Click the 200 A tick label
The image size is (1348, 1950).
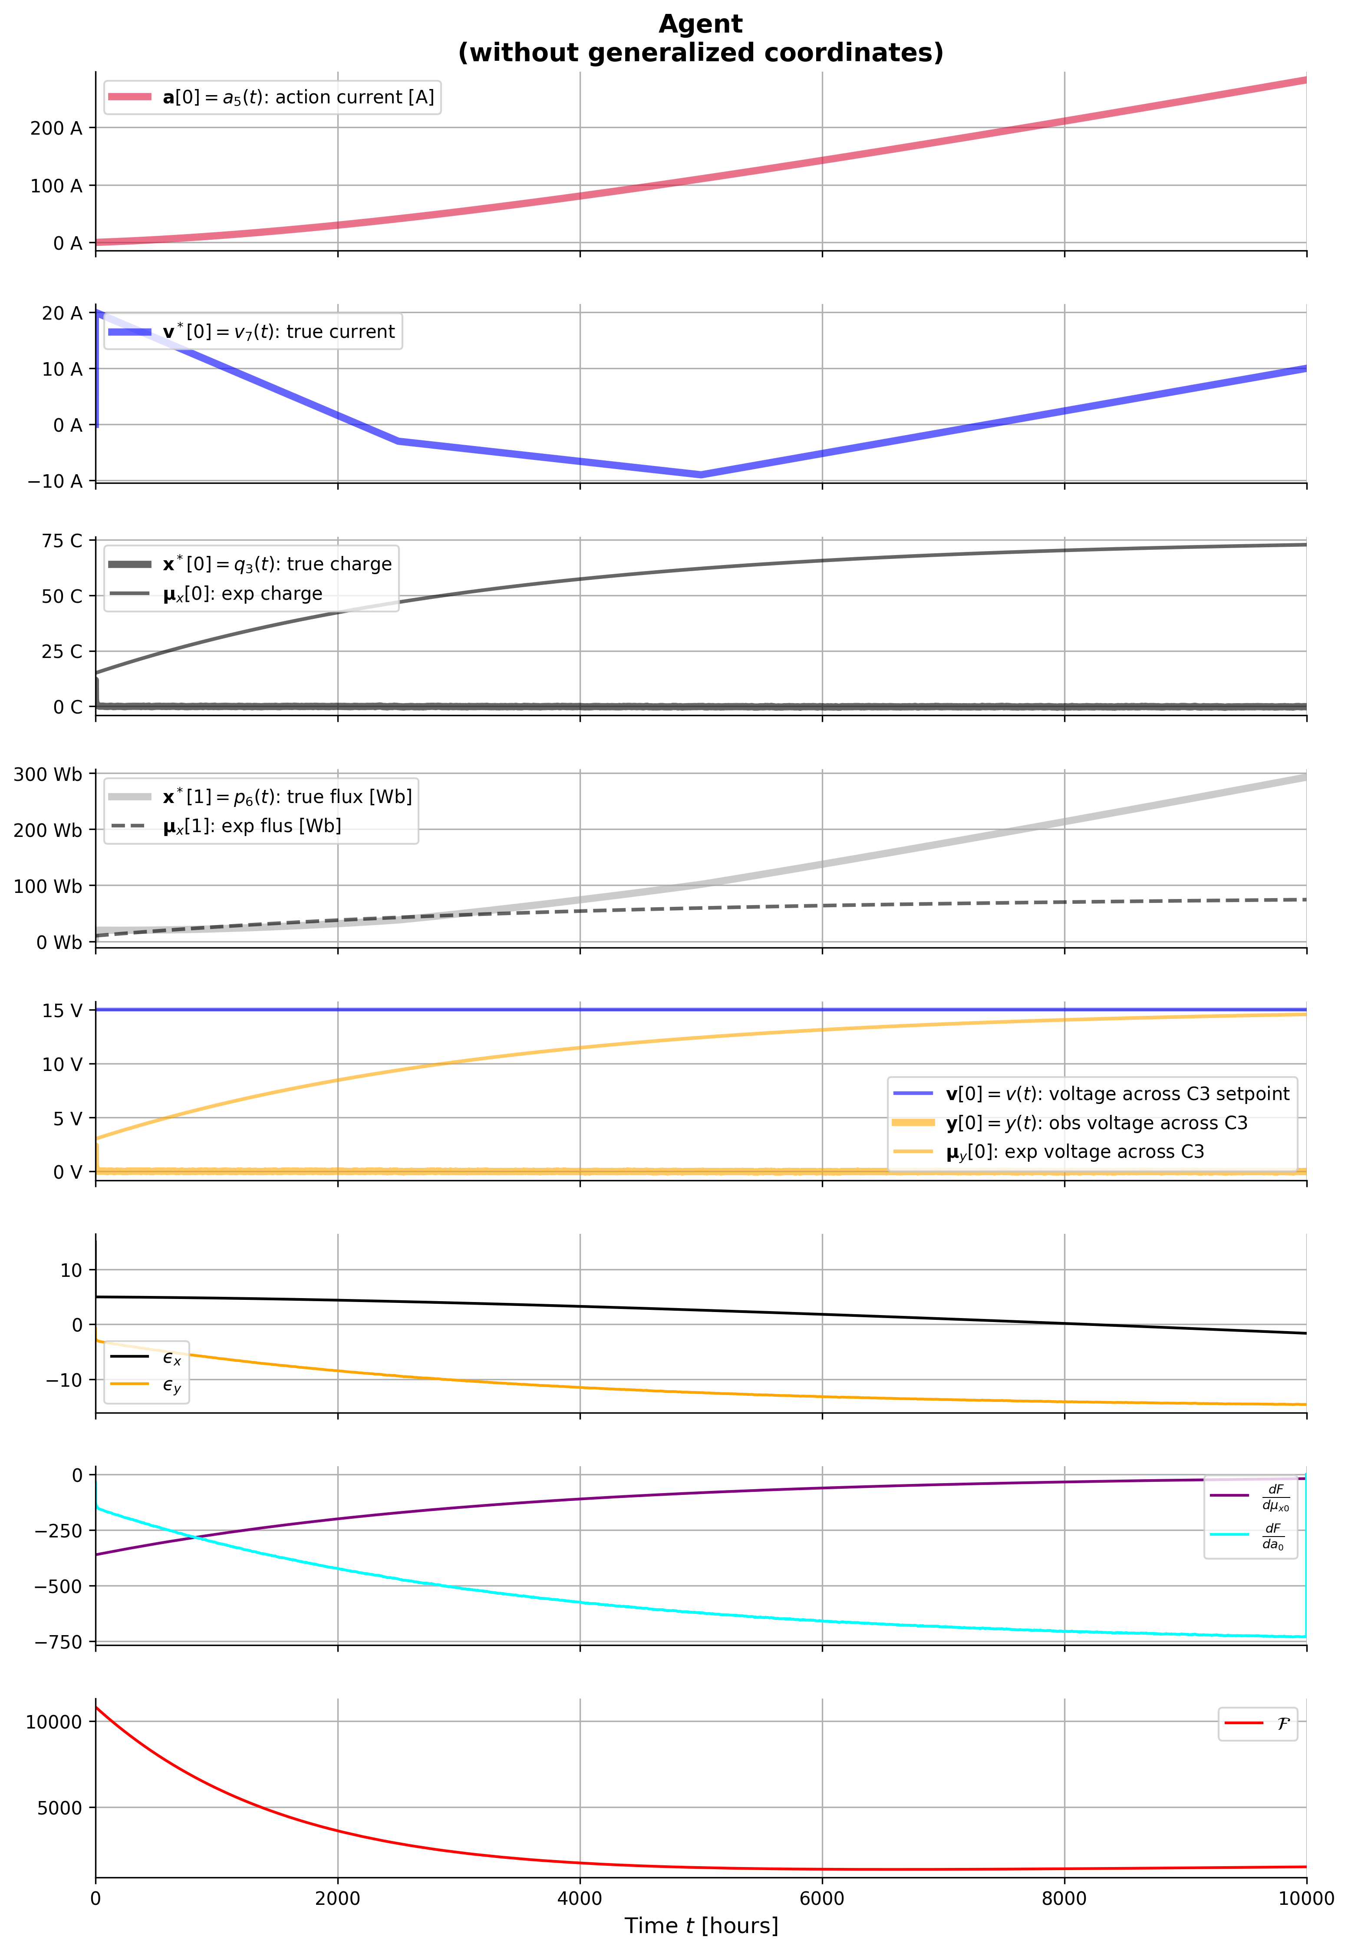[56, 129]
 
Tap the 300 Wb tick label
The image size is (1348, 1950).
[47, 775]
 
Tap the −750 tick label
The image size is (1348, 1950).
[58, 1642]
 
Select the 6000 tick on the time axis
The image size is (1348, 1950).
[822, 1898]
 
